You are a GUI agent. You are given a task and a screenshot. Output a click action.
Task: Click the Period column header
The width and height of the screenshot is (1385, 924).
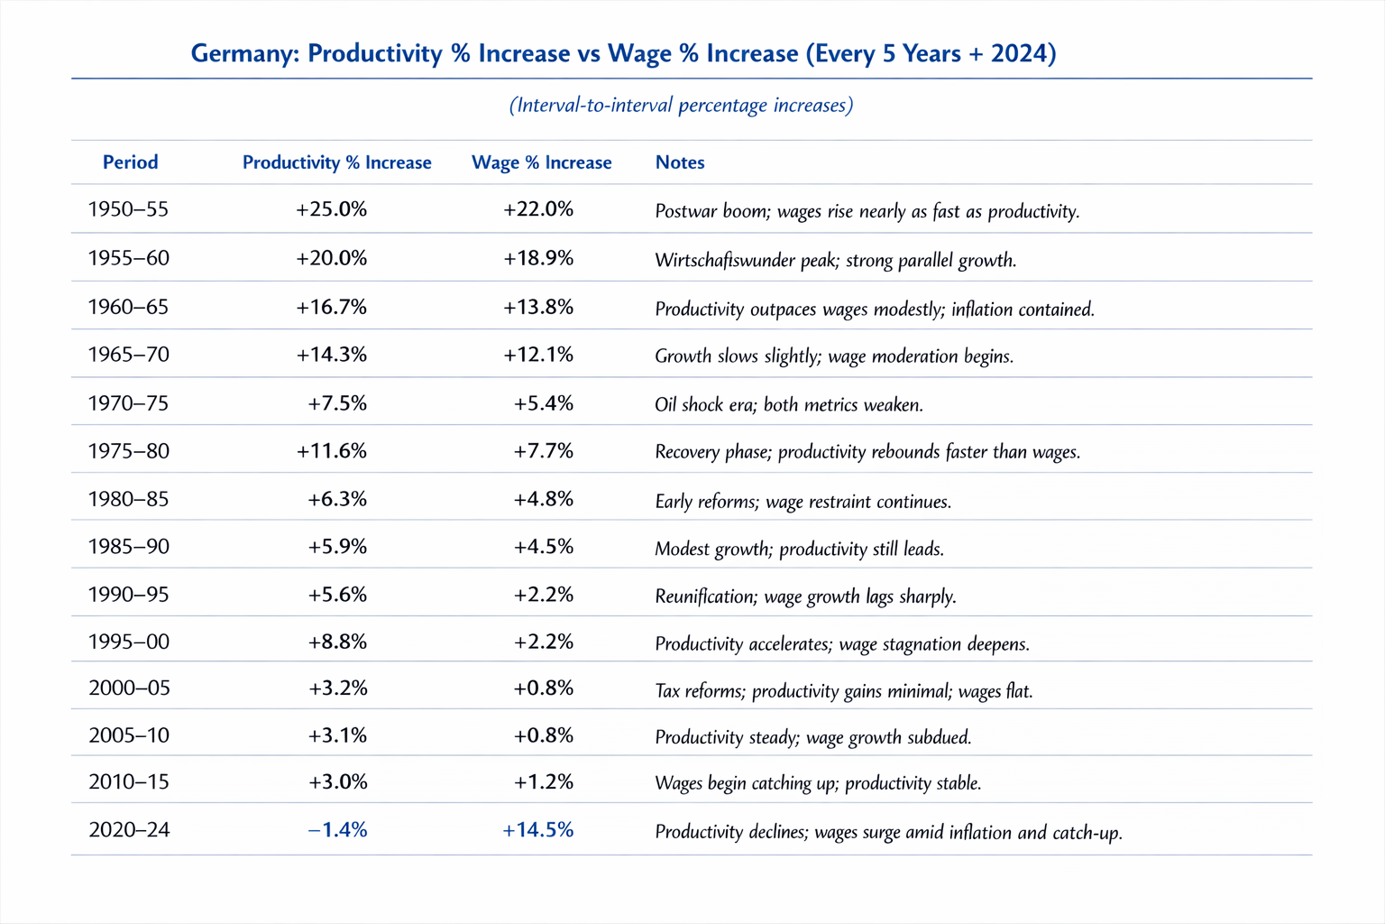[x=130, y=162]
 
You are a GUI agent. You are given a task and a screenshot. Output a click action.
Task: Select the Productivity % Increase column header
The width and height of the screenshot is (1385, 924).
[x=336, y=162]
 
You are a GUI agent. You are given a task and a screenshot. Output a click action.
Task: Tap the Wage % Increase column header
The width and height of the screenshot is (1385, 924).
[x=541, y=162]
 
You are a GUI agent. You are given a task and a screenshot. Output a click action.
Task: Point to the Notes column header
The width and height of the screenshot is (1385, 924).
[x=680, y=162]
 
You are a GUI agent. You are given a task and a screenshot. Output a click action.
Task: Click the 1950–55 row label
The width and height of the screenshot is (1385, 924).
[x=128, y=209]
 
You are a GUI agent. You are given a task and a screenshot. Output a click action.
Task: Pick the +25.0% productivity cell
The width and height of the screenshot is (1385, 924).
[x=331, y=209]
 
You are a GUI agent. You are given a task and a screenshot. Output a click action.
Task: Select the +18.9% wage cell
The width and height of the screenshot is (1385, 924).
[x=538, y=258]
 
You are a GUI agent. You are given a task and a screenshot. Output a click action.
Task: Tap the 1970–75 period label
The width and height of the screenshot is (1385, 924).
[x=128, y=403]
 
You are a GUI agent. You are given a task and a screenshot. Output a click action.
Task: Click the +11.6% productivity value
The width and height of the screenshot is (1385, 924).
[x=331, y=451]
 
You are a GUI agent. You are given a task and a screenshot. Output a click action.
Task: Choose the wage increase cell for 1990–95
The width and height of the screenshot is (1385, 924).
[x=543, y=595]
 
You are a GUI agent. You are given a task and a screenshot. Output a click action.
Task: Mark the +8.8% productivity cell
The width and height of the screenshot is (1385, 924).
[x=337, y=642]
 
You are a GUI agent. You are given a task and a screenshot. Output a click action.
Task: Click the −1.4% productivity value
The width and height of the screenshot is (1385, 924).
[x=337, y=830]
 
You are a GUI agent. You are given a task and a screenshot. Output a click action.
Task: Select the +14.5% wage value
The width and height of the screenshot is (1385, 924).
[x=538, y=830]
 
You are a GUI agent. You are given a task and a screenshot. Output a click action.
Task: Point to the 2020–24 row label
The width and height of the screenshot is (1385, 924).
[x=129, y=830]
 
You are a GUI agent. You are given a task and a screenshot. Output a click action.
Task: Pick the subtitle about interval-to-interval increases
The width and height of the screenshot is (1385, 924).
[x=681, y=106]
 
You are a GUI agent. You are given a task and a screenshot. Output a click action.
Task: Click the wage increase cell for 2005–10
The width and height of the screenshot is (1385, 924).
[x=543, y=735]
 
